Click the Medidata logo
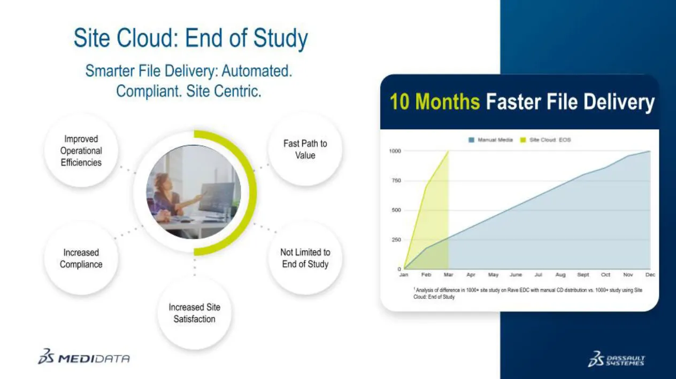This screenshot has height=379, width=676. tap(84, 357)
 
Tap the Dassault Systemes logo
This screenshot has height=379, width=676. tap(616, 359)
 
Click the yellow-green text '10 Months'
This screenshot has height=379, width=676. tap(435, 101)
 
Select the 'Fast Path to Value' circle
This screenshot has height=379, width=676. tap(305, 149)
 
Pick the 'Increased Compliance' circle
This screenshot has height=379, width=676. tap(81, 258)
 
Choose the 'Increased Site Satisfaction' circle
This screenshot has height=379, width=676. tap(194, 313)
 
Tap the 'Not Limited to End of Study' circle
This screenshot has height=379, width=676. tap(305, 258)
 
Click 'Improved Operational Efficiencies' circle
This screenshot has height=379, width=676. tap(81, 151)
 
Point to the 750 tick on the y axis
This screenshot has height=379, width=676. tap(396, 180)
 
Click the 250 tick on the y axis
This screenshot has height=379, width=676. tap(396, 240)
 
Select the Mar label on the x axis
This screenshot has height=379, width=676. tap(449, 275)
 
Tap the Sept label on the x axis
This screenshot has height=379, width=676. tap(583, 275)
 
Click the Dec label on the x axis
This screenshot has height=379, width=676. tap(650, 275)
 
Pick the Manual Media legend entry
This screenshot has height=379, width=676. tap(490, 140)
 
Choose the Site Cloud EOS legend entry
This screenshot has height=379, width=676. tap(546, 140)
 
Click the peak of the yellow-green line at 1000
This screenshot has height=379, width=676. tap(449, 151)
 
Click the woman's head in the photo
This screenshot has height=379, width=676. tap(162, 181)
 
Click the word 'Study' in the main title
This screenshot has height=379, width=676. tap(280, 38)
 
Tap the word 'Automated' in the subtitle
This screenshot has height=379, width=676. tap(257, 71)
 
